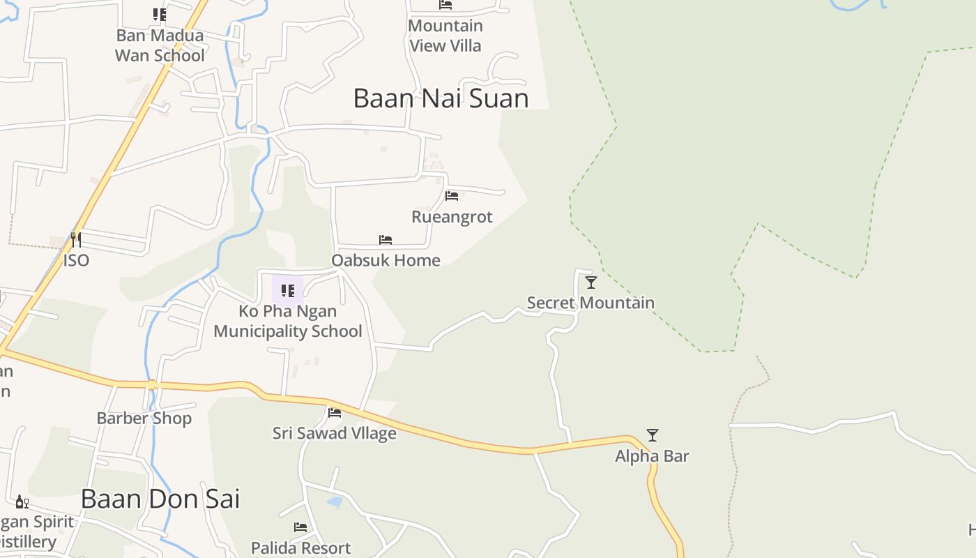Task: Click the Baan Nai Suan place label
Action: [x=441, y=98]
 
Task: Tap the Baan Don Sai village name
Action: [x=160, y=499]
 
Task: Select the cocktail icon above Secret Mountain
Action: [x=591, y=282]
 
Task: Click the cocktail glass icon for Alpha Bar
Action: [x=653, y=435]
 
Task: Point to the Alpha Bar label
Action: [x=652, y=456]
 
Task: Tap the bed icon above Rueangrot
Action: [x=452, y=196]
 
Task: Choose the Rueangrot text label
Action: [x=452, y=217]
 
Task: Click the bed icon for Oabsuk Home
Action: [x=386, y=240]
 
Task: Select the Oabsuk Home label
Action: [x=386, y=260]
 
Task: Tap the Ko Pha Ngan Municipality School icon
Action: [x=287, y=291]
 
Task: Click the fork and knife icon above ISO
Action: [x=76, y=240]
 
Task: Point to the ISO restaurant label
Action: [x=76, y=260]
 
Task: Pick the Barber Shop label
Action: [x=144, y=418]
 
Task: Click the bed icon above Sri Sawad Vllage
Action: [x=335, y=413]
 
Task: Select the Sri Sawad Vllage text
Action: [x=335, y=433]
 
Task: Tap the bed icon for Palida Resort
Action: [x=300, y=527]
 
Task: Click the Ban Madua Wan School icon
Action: [x=160, y=15]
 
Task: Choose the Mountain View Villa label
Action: [x=445, y=36]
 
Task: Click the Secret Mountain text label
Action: [x=590, y=303]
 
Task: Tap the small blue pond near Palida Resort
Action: [x=335, y=502]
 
